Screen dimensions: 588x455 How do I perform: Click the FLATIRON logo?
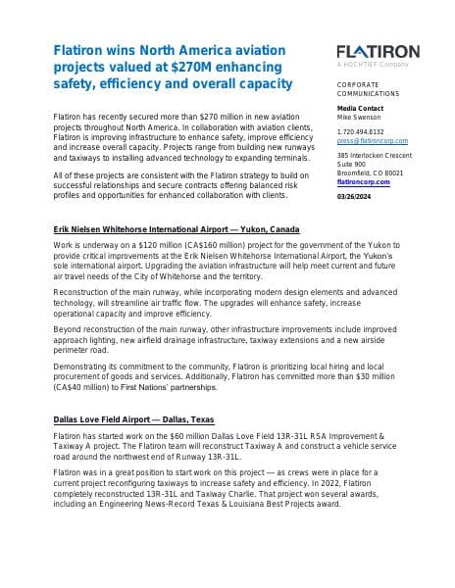(x=378, y=51)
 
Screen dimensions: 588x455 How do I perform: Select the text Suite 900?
(x=350, y=165)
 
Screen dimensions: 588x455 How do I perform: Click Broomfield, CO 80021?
(x=369, y=173)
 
